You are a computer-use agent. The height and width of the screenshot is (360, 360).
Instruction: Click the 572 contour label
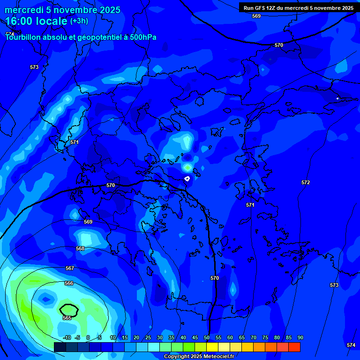(306, 182)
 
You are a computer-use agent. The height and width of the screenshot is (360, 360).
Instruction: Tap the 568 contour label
(80, 248)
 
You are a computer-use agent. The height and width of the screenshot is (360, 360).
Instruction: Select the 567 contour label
(70, 268)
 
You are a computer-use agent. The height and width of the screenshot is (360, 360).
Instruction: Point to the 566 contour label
(68, 283)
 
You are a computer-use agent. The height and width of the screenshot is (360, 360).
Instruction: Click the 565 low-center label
(67, 318)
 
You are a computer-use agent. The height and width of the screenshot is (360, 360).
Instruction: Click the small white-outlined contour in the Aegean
(187, 178)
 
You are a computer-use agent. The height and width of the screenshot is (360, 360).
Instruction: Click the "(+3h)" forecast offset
(79, 21)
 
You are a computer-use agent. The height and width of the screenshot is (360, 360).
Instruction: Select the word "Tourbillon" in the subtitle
(23, 37)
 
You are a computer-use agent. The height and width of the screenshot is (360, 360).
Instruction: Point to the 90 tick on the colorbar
(300, 337)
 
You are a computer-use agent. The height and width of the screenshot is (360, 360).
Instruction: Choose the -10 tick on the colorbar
(67, 337)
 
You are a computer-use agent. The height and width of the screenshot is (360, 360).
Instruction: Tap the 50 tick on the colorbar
(206, 337)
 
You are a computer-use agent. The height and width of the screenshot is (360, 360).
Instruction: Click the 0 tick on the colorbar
(88, 337)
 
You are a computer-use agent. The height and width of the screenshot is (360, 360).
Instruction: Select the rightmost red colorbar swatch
(294, 347)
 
